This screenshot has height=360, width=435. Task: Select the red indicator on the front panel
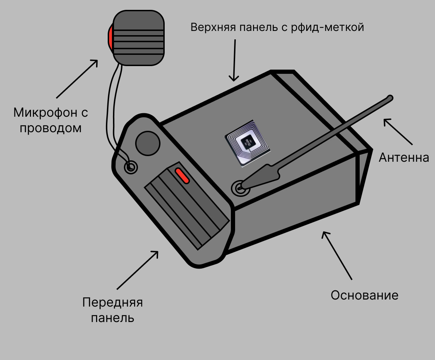pyautogui.click(x=182, y=175)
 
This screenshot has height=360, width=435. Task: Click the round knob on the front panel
pyautogui.click(x=148, y=143)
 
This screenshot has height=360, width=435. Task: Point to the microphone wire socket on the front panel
pyautogui.click(x=131, y=167)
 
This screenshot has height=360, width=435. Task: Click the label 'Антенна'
pyautogui.click(x=404, y=157)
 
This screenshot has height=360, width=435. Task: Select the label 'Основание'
pyautogui.click(x=364, y=295)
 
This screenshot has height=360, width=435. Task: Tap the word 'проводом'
pyautogui.click(x=50, y=128)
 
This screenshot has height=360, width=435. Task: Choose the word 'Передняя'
pyautogui.click(x=113, y=302)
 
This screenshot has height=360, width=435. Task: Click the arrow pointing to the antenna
pyautogui.click(x=398, y=131)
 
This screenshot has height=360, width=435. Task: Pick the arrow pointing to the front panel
pyautogui.click(x=137, y=270)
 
